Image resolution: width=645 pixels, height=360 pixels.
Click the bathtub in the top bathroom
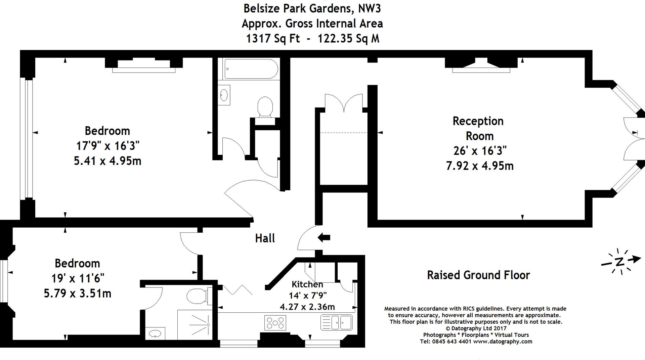(x=251, y=69)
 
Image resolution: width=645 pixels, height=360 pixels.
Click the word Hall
(x=265, y=238)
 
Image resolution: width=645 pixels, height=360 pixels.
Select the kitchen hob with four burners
(x=275, y=323)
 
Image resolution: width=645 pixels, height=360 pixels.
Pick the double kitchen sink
(x=337, y=322)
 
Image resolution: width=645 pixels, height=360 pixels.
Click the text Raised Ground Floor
(x=478, y=275)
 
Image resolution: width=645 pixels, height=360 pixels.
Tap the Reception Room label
(x=478, y=128)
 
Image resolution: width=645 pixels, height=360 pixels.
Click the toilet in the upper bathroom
(x=265, y=106)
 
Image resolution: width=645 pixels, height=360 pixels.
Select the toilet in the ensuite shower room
(x=198, y=296)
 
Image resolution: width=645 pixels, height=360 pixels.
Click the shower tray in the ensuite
(x=195, y=324)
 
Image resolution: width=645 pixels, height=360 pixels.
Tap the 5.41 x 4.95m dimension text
(x=107, y=161)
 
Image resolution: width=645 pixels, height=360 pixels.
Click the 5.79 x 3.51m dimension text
(x=77, y=294)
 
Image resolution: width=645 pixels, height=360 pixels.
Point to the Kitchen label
(x=307, y=284)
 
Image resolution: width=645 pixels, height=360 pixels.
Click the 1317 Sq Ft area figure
(x=273, y=39)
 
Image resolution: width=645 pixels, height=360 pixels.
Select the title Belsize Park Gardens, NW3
(x=312, y=8)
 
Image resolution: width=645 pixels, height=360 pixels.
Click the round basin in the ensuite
(x=155, y=333)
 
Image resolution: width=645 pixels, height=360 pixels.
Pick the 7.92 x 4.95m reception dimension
(x=480, y=166)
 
